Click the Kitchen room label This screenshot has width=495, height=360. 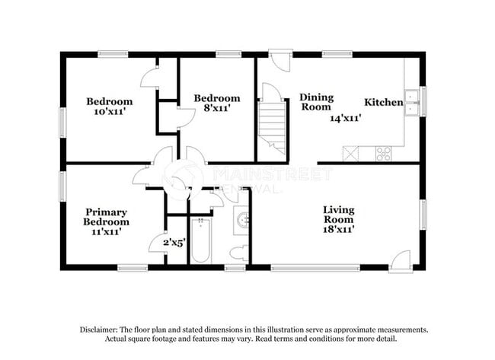tap(383, 102)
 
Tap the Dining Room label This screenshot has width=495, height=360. tap(315, 102)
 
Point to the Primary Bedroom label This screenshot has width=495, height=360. tap(106, 217)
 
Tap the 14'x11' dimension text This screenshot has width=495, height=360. tap(345, 118)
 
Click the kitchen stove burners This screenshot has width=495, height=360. tap(383, 154)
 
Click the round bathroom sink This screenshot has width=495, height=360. tap(243, 221)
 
